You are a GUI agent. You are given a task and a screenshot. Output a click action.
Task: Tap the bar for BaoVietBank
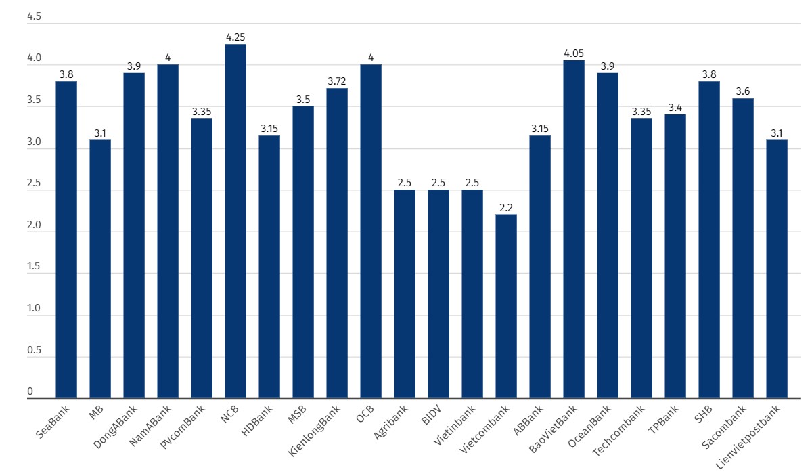(x=574, y=230)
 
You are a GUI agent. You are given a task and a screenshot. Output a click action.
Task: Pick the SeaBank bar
(x=66, y=240)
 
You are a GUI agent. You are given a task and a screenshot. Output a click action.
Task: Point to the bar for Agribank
(x=405, y=294)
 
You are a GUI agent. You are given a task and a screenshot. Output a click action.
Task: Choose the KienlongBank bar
(x=337, y=243)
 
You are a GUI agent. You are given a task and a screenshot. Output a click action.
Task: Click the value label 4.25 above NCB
(x=235, y=37)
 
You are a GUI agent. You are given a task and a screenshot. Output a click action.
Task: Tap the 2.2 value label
(x=506, y=208)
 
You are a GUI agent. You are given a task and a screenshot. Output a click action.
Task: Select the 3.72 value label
(x=337, y=81)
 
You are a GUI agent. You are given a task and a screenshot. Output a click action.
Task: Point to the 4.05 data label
(x=574, y=53)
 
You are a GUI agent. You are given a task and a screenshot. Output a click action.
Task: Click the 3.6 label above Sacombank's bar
(x=743, y=91)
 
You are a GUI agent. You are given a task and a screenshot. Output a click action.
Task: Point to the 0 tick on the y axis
(x=30, y=392)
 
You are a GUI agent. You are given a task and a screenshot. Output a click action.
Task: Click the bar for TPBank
(x=675, y=257)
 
